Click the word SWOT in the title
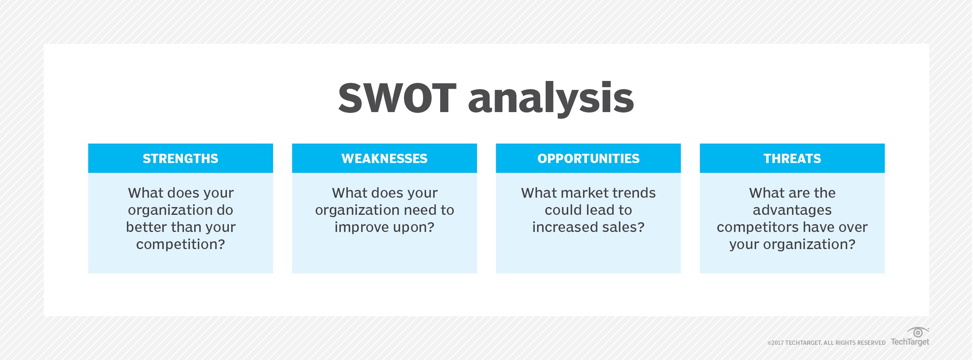tap(397, 98)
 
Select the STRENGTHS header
tap(181, 158)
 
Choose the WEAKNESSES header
tap(385, 158)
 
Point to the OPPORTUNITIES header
tap(588, 158)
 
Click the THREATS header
tap(792, 158)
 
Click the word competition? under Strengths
tap(181, 245)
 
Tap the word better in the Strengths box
tap(148, 227)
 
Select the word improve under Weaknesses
tap(362, 228)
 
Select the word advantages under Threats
tap(792, 211)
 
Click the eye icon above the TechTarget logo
tap(918, 332)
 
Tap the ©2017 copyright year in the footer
tap(776, 343)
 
